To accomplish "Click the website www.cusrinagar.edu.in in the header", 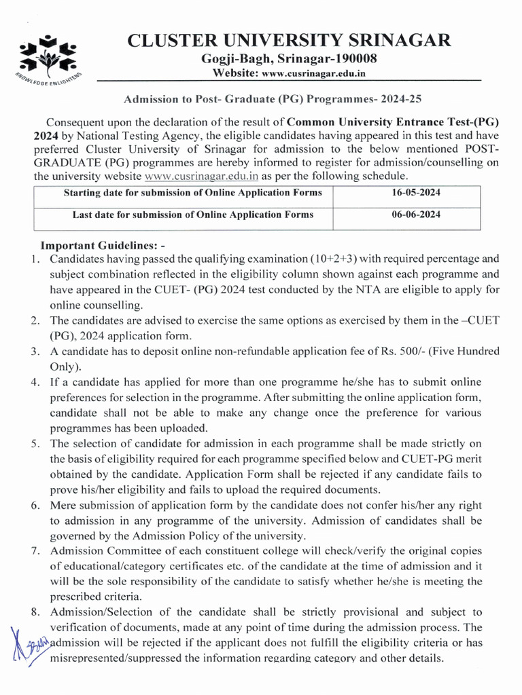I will [x=314, y=73].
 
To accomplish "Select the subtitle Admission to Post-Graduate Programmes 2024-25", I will [x=273, y=98].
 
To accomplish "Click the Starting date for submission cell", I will [x=192, y=193].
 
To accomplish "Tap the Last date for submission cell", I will [x=192, y=215].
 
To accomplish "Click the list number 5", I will [x=35, y=444].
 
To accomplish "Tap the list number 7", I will [x=35, y=550].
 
